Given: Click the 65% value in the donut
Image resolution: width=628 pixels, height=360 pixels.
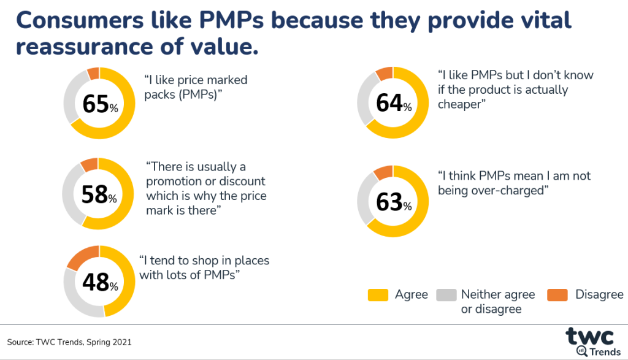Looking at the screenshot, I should [x=99, y=104].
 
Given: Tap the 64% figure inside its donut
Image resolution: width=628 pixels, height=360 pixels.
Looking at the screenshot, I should [x=393, y=103].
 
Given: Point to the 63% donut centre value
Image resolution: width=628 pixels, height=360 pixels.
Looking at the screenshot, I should [x=393, y=202].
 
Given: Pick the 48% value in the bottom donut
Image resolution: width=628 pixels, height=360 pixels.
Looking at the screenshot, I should [x=99, y=283].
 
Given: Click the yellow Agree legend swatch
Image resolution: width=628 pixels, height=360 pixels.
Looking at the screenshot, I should [x=377, y=295].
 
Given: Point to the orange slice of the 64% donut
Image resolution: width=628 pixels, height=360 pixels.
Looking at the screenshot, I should [x=384, y=74].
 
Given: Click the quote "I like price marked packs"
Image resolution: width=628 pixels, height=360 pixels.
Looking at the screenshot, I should [x=196, y=87].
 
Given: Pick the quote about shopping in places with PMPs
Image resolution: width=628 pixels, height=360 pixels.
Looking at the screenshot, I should [x=204, y=267].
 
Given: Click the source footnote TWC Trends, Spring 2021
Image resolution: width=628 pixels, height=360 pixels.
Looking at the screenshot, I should [x=69, y=342].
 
